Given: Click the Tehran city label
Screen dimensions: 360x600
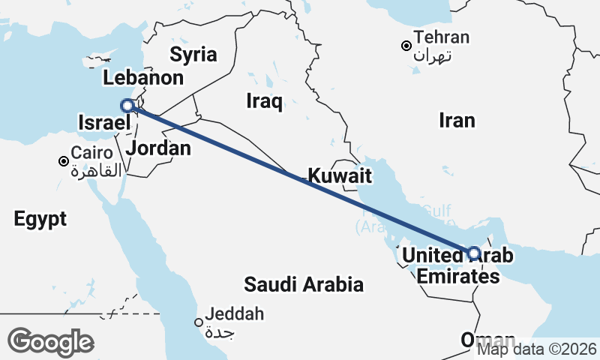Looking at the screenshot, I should pos(442,45).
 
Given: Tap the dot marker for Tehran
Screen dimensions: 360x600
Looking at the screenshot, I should pos(406,46).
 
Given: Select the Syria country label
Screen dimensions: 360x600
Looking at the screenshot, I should pos(193,54).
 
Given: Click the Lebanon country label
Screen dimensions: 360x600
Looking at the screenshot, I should pos(143,78).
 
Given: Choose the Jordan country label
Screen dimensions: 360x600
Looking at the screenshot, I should pos(158,148).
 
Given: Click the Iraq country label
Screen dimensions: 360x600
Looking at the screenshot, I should pos(264,101).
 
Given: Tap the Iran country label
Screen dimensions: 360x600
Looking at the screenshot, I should pos(457,120).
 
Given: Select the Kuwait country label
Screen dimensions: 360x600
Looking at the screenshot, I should pos(340,176).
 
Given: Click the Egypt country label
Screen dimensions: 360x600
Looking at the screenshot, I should pos(40,219).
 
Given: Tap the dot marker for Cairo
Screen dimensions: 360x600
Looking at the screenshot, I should pos(64,161).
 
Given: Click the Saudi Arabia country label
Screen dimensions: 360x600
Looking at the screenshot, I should pos(304,284).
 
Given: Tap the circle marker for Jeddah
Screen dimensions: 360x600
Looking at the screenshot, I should pos(199,322).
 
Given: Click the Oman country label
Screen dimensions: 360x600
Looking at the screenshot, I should pos(488,339).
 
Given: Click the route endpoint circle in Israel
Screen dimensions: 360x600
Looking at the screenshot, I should pos(127,106).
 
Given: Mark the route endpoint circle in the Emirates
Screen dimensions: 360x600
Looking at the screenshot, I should pos(474,253).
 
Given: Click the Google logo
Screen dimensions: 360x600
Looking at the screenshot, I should pos(50,342).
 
